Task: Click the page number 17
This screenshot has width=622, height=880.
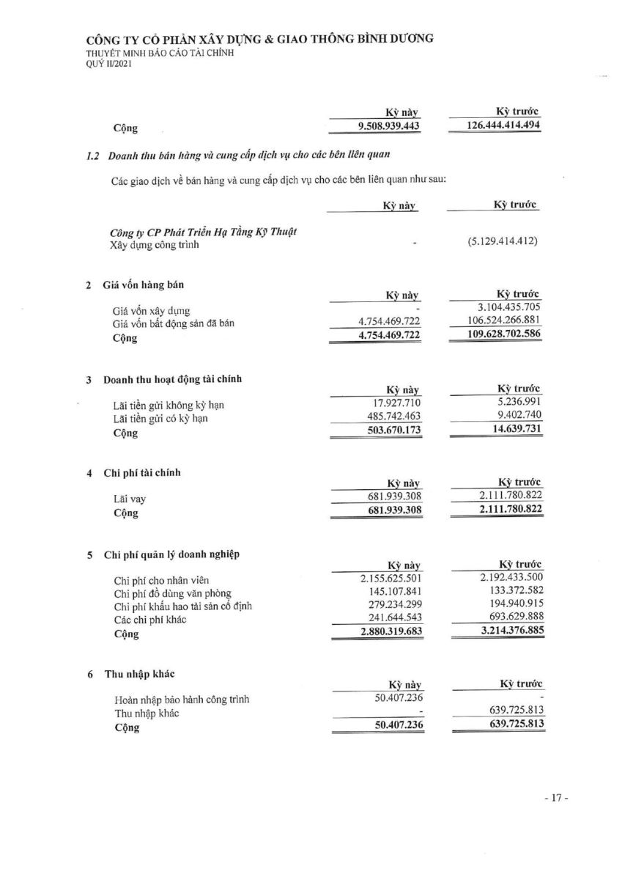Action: point(556,799)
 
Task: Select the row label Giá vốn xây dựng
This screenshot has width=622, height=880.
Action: point(152,311)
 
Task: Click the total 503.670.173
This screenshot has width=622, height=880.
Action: point(394,430)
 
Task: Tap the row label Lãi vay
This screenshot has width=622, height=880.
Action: point(129,499)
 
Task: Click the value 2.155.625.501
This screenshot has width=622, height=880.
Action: point(386,579)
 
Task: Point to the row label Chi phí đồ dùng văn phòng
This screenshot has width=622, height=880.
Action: point(172,593)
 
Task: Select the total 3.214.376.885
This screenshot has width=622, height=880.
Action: point(504,633)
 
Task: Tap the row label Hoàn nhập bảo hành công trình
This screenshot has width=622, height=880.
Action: point(181,700)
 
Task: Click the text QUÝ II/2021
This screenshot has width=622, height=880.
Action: point(109,64)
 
